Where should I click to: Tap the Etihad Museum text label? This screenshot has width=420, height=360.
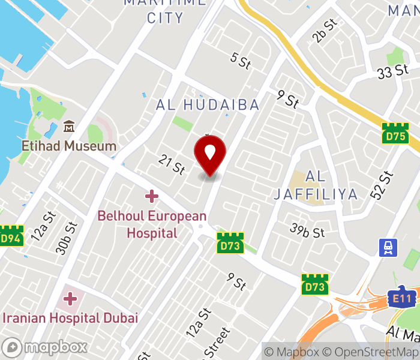point(69,146)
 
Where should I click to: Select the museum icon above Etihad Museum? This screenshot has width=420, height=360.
point(69,127)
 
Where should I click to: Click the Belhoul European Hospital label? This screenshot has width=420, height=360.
point(152,224)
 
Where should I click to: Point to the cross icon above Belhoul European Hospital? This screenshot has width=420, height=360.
point(151,196)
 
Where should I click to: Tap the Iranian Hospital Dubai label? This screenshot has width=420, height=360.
point(71,317)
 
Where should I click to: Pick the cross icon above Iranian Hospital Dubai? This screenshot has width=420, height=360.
point(71,298)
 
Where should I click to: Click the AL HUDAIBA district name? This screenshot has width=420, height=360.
point(208,105)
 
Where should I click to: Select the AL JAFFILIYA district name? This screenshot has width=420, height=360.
point(316,185)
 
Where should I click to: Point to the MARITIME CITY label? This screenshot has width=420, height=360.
point(166,11)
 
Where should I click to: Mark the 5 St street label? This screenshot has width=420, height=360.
point(240,60)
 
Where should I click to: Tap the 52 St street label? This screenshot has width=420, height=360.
point(385,185)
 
